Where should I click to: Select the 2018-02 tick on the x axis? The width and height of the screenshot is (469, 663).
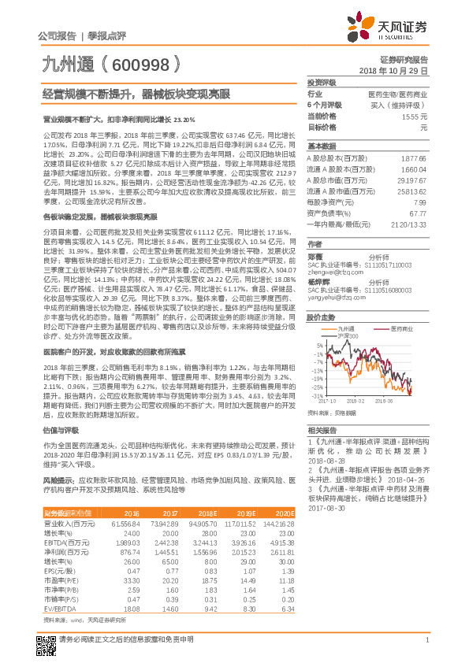click(x=354, y=400)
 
